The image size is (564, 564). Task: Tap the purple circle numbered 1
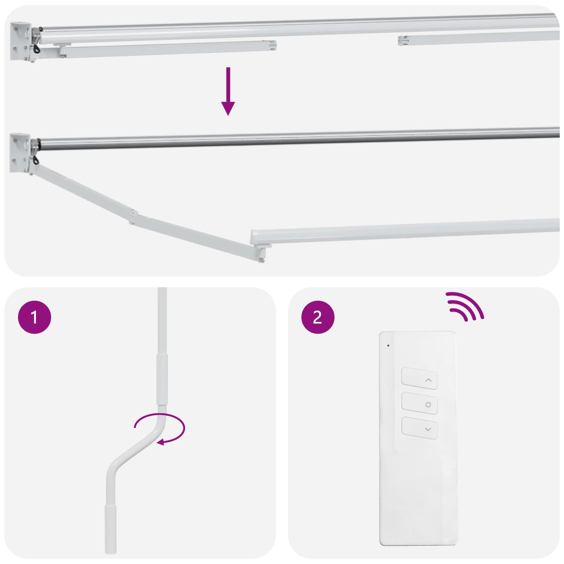35,317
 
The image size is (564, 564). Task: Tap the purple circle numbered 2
318,317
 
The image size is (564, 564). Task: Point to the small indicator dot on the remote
388,345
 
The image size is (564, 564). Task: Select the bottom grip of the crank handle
111,529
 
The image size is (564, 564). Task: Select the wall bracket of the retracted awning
20,42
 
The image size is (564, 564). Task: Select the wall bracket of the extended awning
20,153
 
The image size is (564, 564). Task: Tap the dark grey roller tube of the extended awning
282,139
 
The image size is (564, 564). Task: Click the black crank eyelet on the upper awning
36,48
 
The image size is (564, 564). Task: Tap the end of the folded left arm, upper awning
272,45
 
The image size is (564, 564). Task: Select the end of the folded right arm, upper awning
403,40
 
